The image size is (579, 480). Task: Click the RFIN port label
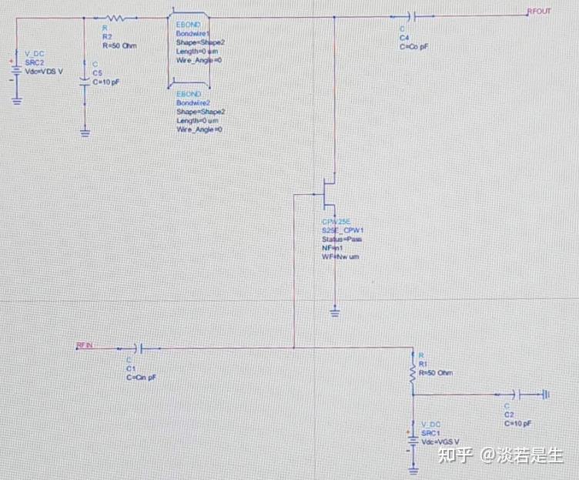coord(85,344)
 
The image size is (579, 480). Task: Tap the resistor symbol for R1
coord(413,373)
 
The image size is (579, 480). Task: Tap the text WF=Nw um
coord(341,256)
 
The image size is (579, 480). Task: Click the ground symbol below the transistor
coord(334,311)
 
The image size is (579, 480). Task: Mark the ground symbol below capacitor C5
coord(85,133)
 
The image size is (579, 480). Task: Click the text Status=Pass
coord(342,239)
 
